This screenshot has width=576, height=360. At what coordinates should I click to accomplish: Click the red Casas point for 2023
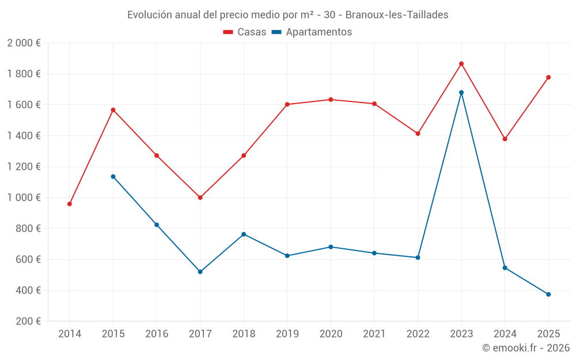click(x=461, y=64)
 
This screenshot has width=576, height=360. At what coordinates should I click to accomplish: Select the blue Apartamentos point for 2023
click(x=461, y=92)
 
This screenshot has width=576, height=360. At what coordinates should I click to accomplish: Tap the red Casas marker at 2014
click(x=70, y=204)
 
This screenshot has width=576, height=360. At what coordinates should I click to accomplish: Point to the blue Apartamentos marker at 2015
click(x=113, y=176)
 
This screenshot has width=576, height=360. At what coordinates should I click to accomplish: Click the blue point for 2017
click(x=200, y=272)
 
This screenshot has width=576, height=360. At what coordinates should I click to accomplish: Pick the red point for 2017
click(x=200, y=198)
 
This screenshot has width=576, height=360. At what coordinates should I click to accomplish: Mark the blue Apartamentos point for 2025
click(x=548, y=294)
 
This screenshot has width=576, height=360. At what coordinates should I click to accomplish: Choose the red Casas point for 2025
click(x=548, y=77)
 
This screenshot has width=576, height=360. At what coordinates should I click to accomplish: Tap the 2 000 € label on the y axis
click(x=24, y=43)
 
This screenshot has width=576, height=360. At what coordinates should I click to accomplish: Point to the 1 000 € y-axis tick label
click(x=24, y=198)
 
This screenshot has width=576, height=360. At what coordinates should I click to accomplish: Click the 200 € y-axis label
click(x=27, y=321)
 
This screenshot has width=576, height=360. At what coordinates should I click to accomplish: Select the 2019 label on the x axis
click(x=287, y=334)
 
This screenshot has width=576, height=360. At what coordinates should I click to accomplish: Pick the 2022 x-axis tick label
click(x=418, y=334)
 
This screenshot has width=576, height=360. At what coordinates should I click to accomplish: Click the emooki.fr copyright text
click(x=525, y=348)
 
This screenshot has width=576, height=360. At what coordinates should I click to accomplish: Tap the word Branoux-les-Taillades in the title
click(x=397, y=15)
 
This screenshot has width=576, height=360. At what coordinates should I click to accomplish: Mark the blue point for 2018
click(x=244, y=234)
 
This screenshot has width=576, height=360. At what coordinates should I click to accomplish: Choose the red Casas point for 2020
click(x=331, y=100)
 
